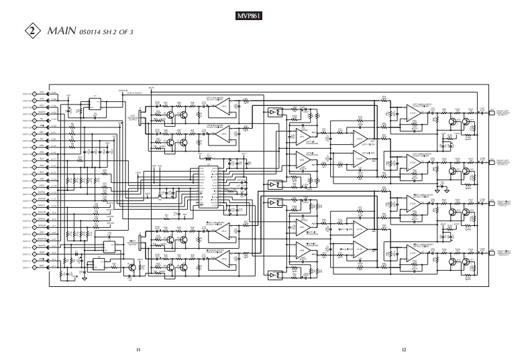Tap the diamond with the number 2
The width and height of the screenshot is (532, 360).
tap(31, 32)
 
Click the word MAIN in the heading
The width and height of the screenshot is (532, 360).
tap(61, 32)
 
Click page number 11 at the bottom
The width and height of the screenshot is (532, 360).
tap(138, 349)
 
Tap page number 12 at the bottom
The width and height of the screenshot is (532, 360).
tap(404, 349)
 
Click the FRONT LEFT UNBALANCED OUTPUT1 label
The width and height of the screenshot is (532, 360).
tap(504, 112)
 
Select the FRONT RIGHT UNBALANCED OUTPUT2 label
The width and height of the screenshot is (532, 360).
tap(504, 253)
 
